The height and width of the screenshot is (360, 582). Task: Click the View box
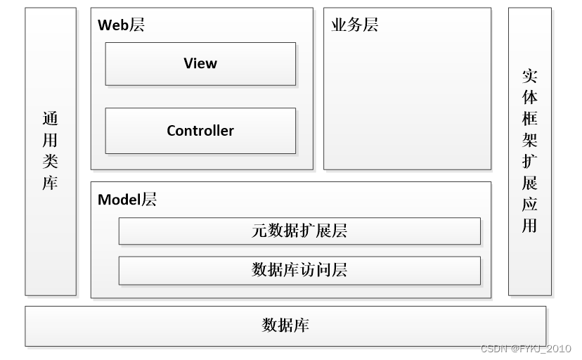pos(200,64)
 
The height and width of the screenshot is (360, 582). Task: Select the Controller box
pos(200,131)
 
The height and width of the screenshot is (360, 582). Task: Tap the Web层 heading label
pos(121,25)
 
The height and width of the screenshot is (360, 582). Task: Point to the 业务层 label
pos(354,25)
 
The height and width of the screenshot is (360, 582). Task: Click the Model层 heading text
pos(127,200)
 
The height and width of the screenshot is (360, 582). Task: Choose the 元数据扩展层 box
pos(299,231)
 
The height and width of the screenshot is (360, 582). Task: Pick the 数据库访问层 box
pos(299,270)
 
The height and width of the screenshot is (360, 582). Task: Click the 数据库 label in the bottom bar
pos(285,326)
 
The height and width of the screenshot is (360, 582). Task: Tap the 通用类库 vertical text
pos(50,151)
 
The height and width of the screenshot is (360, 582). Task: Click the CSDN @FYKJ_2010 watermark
pos(526,349)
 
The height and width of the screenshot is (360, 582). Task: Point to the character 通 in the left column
pos(50,120)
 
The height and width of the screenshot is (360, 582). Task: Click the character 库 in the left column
pos(50,184)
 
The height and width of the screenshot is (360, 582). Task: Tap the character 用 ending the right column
pos(529,226)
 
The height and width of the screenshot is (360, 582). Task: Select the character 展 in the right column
pos(529,184)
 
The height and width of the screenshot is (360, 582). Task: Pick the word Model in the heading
pos(119,200)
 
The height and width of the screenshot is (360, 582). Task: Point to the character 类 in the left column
pos(50,162)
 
